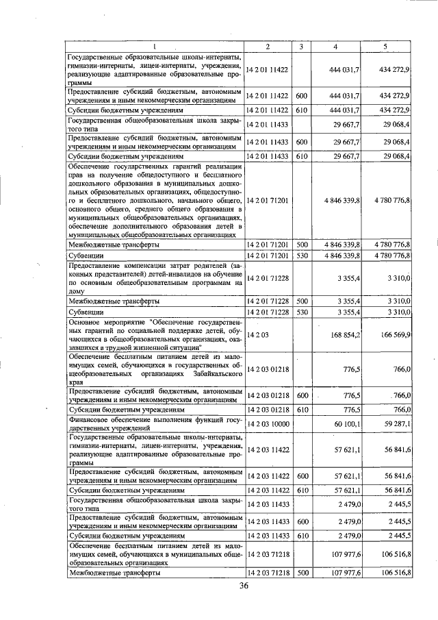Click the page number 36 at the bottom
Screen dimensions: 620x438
[244, 585]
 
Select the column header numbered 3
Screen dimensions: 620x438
[301, 46]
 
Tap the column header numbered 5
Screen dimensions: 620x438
[385, 46]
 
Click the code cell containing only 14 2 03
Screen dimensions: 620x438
[257, 335]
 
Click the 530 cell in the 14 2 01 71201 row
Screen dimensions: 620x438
[301, 256]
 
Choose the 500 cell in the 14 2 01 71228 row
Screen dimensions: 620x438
[301, 300]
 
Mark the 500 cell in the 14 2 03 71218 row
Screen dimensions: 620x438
[301, 572]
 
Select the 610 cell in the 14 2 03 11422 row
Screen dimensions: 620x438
[301, 491]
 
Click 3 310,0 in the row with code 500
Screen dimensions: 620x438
[398, 300]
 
